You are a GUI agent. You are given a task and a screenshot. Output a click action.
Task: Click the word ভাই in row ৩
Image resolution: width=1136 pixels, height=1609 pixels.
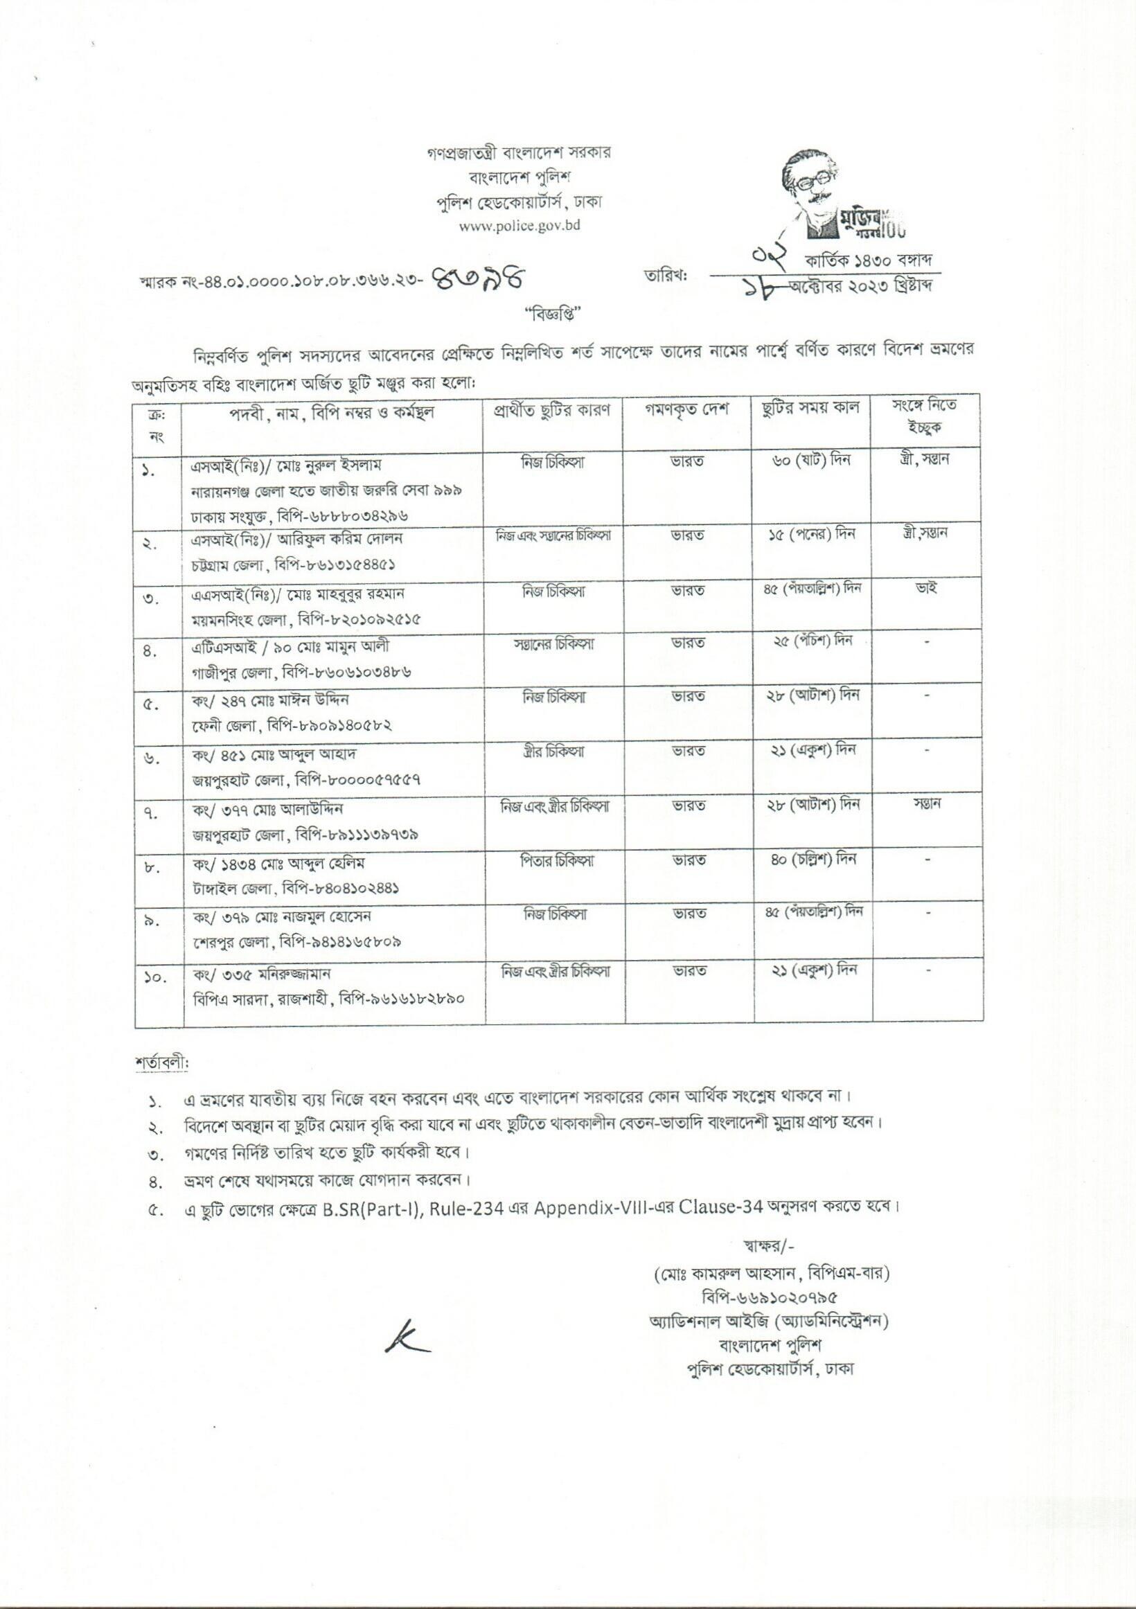coord(925,587)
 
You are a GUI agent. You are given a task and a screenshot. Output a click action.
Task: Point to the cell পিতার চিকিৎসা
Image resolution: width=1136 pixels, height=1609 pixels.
coord(552,859)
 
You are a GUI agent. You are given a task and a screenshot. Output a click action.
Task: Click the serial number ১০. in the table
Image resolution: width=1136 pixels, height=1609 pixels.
coord(154,976)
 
